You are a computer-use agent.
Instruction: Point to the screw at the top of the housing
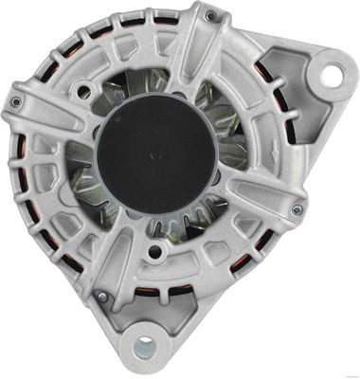(210, 15)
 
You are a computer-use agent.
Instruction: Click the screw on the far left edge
(16, 102)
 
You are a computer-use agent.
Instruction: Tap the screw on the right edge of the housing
(297, 209)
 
